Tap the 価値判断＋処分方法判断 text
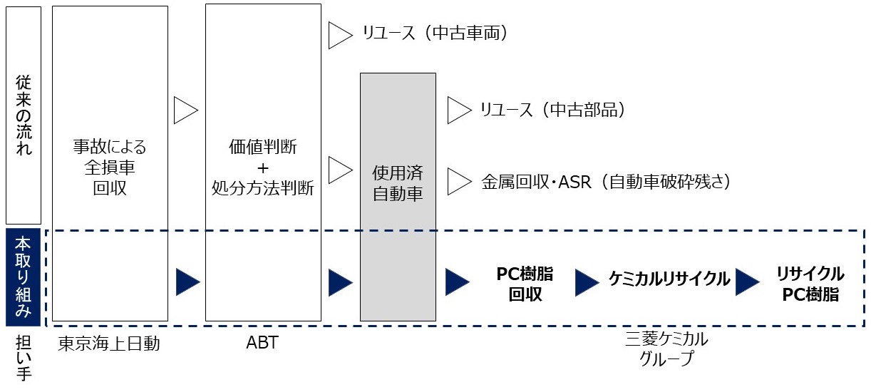[263, 168]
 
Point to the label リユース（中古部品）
[552, 110]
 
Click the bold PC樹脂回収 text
[525, 284]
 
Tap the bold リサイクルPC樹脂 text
[810, 284]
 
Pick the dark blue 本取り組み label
[24, 277]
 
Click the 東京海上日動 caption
[110, 344]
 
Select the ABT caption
[262, 344]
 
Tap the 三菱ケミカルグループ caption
[666, 348]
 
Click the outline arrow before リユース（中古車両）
[339, 35]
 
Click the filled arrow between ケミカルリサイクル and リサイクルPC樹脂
[747, 281]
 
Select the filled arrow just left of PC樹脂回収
[457, 282]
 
